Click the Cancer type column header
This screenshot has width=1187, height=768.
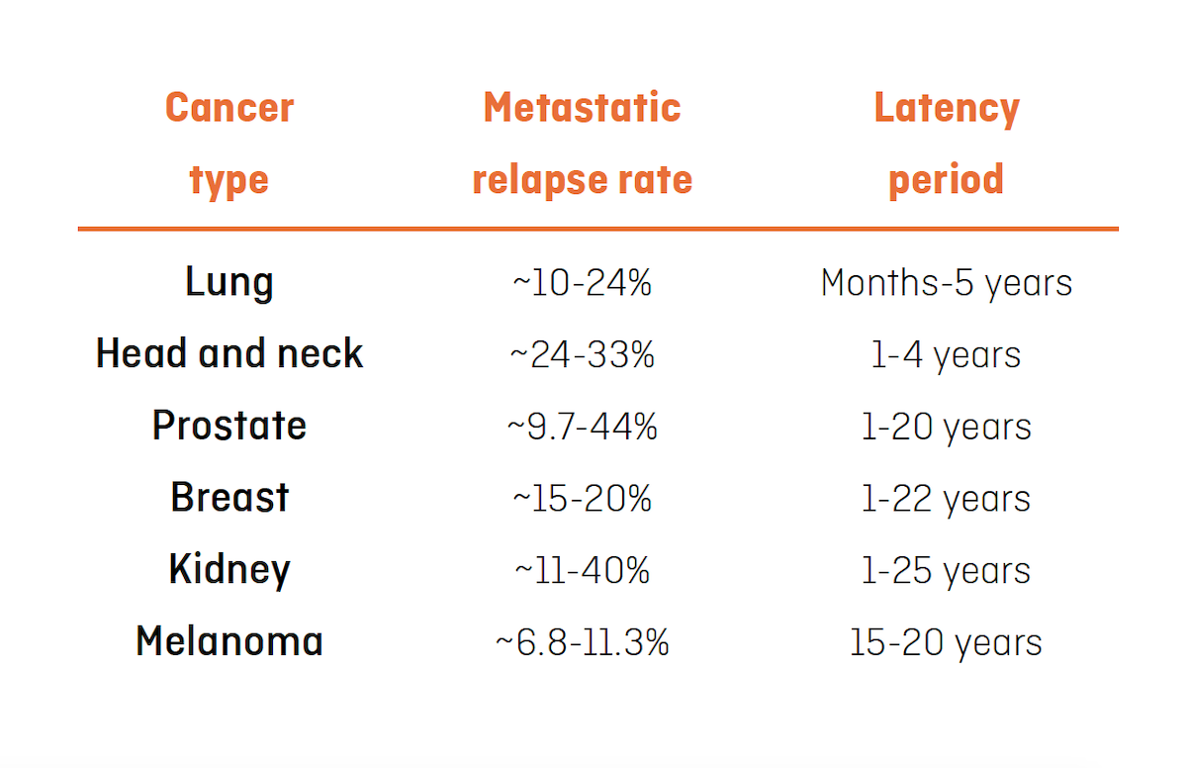click(x=229, y=144)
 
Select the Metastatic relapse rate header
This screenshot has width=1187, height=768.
click(x=583, y=144)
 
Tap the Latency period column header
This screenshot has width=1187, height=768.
click(x=947, y=144)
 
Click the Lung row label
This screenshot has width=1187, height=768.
click(x=229, y=283)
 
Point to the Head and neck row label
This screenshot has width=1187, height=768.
click(x=229, y=354)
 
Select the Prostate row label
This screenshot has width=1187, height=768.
click(x=229, y=427)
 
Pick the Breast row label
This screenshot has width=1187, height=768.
click(x=229, y=498)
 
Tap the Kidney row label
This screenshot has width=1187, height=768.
click(x=229, y=570)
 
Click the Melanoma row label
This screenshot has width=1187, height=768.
click(x=229, y=641)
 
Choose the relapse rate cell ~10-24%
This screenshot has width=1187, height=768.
click(x=583, y=284)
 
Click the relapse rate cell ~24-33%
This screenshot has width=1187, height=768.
click(x=583, y=355)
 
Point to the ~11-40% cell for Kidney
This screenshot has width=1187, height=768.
click(x=583, y=571)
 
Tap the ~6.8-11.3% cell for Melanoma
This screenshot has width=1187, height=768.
click(x=583, y=642)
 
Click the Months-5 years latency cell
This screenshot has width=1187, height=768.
click(x=947, y=284)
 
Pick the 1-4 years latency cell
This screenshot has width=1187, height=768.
click(x=947, y=355)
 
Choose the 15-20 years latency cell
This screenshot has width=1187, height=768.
click(x=947, y=642)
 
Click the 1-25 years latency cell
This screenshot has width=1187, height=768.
click(x=947, y=571)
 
